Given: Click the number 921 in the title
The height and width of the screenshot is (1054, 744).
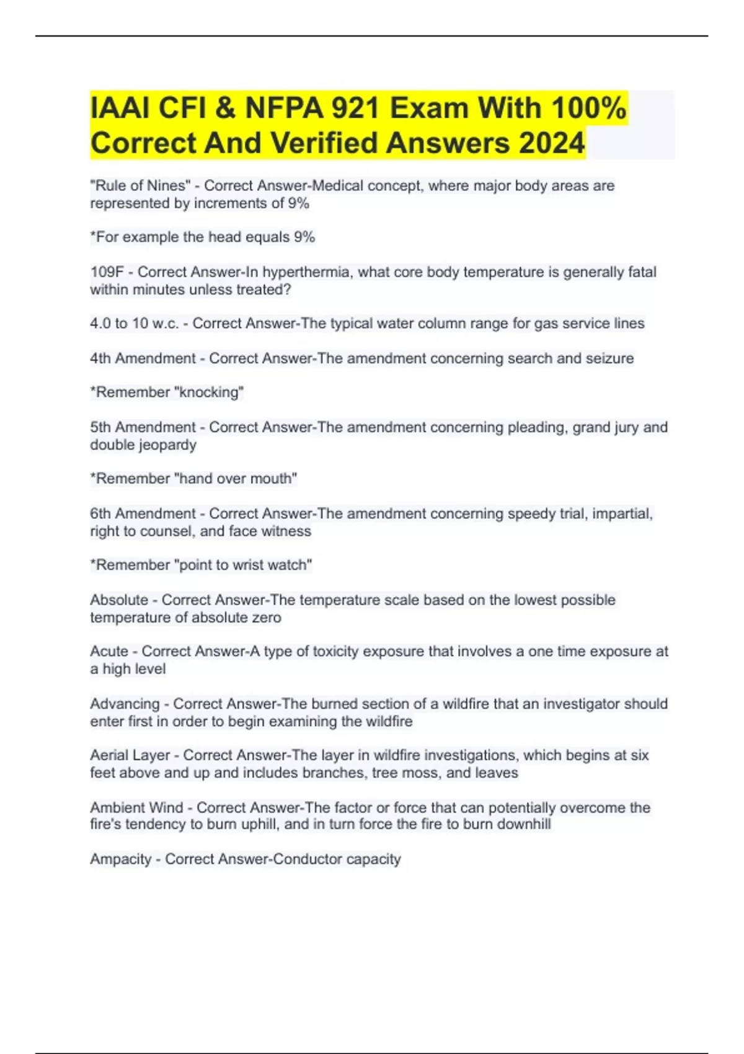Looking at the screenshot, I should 355,108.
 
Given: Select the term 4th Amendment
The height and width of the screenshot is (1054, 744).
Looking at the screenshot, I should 143,358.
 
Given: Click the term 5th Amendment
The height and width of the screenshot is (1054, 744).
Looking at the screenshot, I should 143,427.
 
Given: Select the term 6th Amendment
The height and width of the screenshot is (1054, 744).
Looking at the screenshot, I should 143,513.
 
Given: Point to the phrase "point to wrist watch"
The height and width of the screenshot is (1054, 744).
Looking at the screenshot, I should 244,565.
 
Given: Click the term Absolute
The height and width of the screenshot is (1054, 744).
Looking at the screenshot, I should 119,600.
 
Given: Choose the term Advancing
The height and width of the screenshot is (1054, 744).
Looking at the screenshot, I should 125,704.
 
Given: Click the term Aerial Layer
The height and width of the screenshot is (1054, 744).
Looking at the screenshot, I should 130,755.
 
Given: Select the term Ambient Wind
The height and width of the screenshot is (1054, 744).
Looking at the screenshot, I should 136,807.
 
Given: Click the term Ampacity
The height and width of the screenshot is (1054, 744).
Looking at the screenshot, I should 120,859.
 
